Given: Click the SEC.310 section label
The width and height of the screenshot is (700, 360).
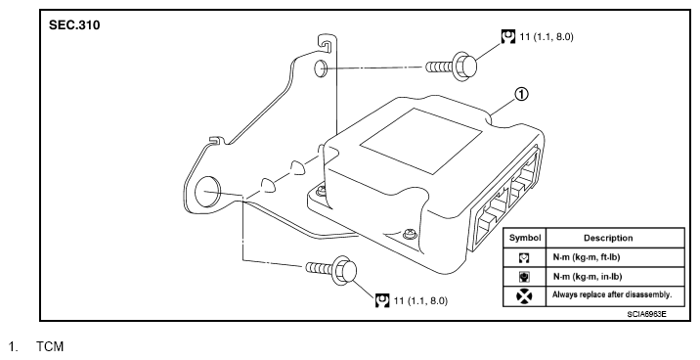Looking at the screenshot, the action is (x=74, y=25).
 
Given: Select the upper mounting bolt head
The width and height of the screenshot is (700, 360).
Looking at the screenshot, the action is (x=465, y=67).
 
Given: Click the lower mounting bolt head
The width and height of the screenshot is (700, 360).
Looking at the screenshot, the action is (x=345, y=270).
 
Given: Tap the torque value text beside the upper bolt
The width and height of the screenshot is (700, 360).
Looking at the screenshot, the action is (x=547, y=36).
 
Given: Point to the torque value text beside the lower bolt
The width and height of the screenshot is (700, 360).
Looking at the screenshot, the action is (x=420, y=300).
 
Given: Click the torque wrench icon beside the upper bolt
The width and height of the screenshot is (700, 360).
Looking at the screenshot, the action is (x=508, y=36).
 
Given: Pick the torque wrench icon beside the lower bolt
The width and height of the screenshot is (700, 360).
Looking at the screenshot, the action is (x=382, y=300).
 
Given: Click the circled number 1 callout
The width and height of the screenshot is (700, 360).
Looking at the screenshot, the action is (x=521, y=94).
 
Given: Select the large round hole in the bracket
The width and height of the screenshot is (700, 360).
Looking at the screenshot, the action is (x=208, y=191).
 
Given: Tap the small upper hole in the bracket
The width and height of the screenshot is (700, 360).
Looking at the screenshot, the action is (x=321, y=67).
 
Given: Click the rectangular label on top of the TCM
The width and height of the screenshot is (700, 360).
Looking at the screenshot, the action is (x=421, y=141).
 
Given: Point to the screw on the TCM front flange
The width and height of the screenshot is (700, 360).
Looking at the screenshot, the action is (x=409, y=234).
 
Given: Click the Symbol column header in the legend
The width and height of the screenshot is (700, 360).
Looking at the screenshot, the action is (x=525, y=238).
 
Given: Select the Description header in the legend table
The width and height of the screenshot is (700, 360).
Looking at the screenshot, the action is (x=608, y=238).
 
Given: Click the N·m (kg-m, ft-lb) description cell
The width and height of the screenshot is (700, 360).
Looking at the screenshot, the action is (x=587, y=257).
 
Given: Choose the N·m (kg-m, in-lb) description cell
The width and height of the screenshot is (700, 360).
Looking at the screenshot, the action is (x=588, y=277).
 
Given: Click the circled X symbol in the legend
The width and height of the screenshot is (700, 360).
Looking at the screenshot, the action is (x=524, y=296).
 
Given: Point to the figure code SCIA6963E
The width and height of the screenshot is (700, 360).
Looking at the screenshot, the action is (x=646, y=314).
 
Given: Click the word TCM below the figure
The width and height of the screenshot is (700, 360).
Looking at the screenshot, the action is (x=50, y=346).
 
